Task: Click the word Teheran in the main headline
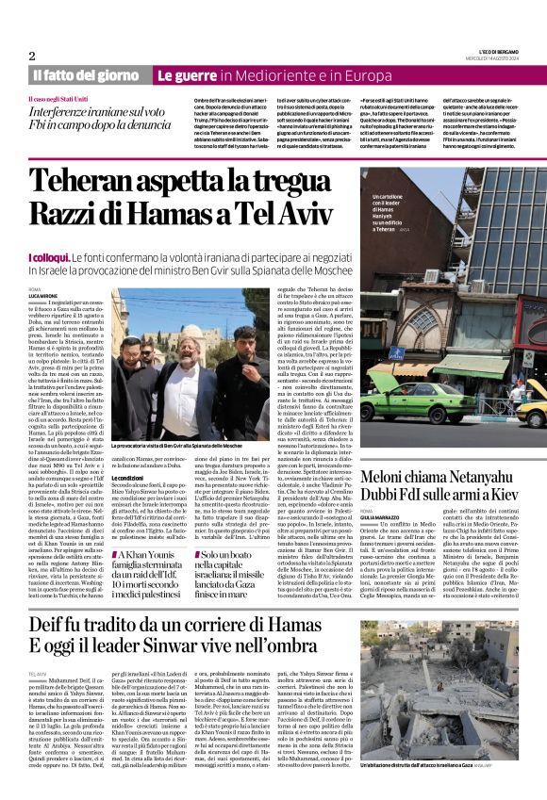tap(84, 180)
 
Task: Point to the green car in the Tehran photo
tap(406, 406)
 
